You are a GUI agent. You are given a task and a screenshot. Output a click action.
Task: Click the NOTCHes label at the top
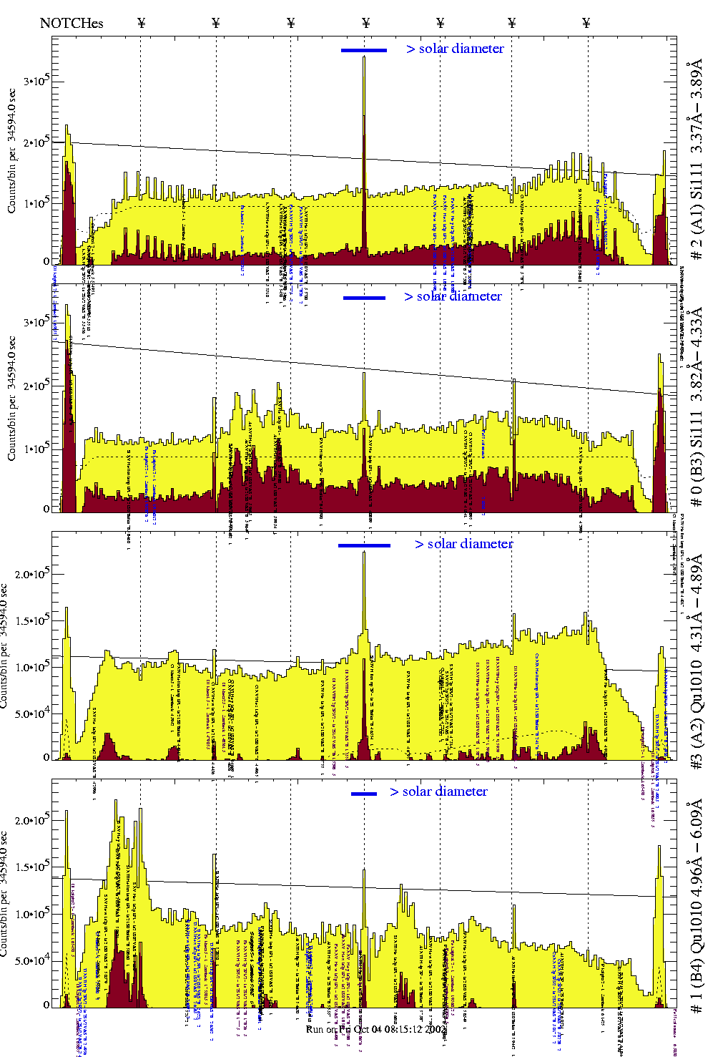72,23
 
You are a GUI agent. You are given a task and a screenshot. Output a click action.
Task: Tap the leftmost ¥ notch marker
141,23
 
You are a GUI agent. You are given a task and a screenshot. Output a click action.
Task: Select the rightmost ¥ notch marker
586,23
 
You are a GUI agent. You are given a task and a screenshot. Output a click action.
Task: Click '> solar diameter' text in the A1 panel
455,49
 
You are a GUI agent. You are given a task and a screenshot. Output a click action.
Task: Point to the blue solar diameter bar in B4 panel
364,794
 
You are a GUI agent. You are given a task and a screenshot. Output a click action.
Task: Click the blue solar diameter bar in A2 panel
364,545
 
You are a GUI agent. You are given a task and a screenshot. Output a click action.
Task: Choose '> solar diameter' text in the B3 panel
453,296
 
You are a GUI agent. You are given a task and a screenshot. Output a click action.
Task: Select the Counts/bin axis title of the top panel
12,150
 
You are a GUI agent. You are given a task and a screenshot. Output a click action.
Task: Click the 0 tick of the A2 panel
46,757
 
